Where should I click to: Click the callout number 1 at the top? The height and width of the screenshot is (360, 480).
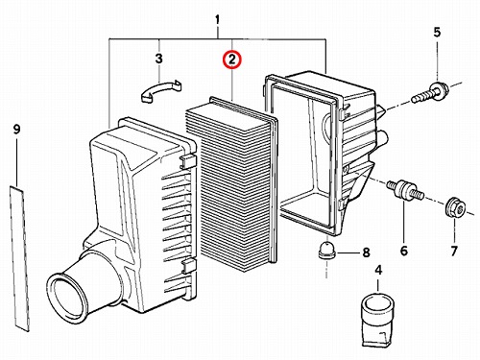(217, 20)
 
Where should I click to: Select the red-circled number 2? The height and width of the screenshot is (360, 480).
(232, 60)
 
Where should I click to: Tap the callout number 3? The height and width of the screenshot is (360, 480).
(159, 59)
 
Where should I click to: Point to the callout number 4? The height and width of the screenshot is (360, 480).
(378, 270)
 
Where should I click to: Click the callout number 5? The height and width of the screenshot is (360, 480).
(437, 33)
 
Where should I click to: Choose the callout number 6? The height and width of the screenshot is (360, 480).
(404, 251)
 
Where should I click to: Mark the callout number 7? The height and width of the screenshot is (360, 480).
(454, 251)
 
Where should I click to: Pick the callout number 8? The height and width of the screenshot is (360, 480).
(366, 252)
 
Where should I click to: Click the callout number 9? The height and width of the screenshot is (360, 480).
(16, 130)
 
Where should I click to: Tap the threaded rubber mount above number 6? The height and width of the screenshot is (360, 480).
(405, 191)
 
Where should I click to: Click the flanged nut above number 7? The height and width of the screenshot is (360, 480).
(455, 207)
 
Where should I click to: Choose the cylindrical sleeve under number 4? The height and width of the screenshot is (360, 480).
(378, 320)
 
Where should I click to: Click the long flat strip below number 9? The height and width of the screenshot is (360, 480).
(20, 258)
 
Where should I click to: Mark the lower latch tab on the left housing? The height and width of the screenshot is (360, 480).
(189, 266)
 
